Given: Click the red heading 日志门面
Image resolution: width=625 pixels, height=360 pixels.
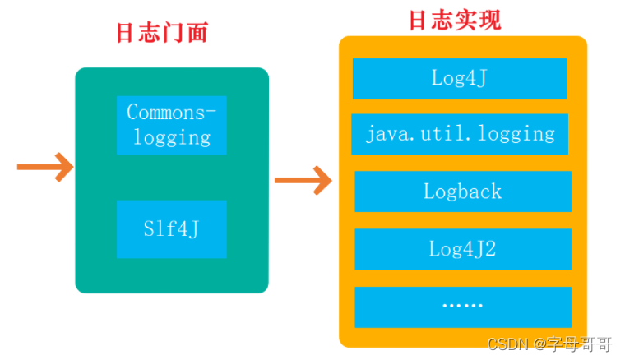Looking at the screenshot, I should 161,33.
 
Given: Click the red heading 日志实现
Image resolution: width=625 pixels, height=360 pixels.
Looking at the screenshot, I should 455,20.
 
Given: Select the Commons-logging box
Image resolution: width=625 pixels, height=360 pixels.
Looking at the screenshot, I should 171,125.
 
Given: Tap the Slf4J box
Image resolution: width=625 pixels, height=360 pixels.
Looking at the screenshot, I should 171,228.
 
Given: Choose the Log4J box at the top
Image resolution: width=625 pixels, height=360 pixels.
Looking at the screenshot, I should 460,78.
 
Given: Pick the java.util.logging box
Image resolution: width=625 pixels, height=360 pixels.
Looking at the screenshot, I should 460,134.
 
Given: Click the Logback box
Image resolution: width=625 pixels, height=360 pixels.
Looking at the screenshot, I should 462,192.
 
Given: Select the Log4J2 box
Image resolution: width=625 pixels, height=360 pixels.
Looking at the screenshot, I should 462,248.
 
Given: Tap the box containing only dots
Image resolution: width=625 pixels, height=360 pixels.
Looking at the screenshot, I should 462,306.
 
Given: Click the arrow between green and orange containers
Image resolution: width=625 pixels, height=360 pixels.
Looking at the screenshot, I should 303,178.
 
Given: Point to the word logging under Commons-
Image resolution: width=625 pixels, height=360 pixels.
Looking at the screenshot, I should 172,137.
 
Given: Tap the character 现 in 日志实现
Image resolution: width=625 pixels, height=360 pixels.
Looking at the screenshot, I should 489,20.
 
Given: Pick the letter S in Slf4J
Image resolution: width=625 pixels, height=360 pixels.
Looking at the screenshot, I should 147,228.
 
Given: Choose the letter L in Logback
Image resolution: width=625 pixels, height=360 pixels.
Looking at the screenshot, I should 428,192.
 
